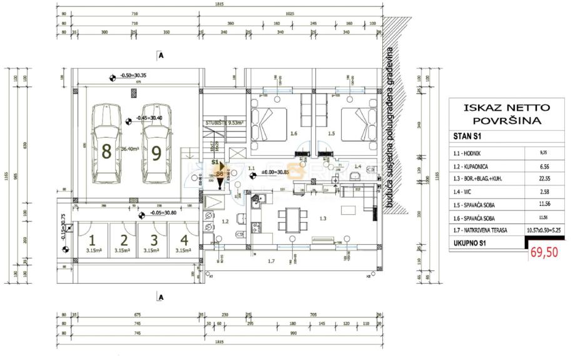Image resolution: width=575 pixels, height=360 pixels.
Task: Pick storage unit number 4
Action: coord(183,242)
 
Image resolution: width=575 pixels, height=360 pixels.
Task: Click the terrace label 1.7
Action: coord(272,261)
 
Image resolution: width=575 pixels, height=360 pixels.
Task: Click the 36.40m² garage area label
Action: coord(129,148)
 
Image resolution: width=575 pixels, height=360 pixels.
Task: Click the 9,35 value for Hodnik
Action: coord(542,152)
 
